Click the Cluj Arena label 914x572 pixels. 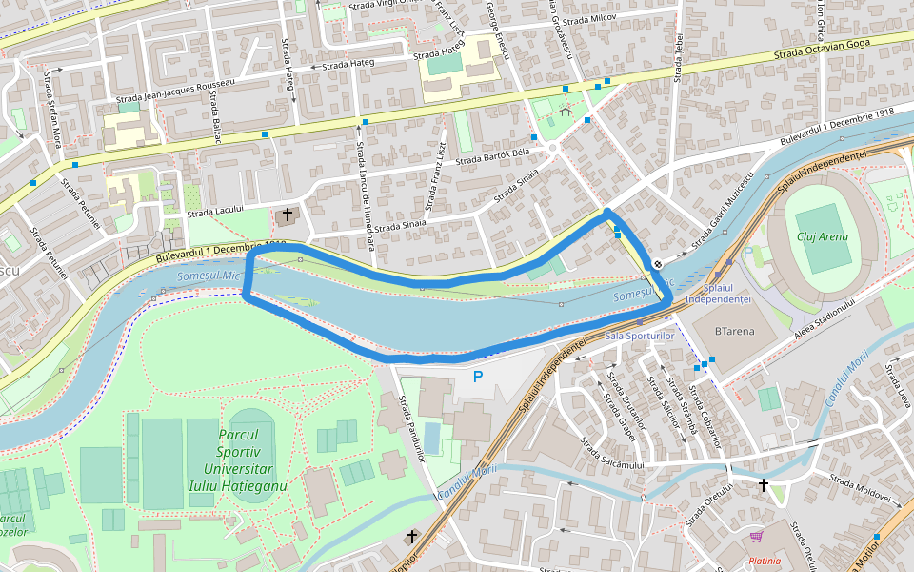coord(822,236)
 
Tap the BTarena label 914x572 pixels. coord(734,332)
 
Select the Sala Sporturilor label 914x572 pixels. coord(639,337)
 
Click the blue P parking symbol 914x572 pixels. coord(478,377)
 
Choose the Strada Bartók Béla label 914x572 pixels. coord(492,156)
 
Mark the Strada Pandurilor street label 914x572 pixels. coord(412,427)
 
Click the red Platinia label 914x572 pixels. coord(765,561)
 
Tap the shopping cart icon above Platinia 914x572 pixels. coord(756,537)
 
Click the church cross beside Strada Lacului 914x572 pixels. coord(287,215)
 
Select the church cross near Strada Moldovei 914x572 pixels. coord(763,485)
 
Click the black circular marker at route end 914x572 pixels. coord(658,264)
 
